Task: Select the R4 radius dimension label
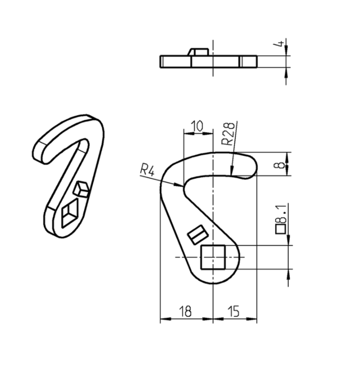[x=147, y=170]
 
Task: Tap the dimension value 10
[x=197, y=126]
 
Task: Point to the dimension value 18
[x=185, y=311]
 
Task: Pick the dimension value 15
[x=234, y=311]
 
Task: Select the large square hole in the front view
[x=212, y=257]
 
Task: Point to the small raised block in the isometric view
[x=81, y=188]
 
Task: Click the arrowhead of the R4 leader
[x=182, y=185]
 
